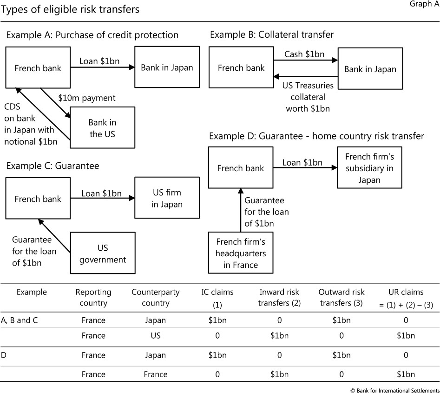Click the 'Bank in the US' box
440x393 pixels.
coord(103,128)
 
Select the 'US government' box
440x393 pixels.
coord(103,253)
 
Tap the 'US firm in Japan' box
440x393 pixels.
coord(167,198)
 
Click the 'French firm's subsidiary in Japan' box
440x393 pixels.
coord(369,167)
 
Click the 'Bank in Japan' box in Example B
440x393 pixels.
coord(370,69)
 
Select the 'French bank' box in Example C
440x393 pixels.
coord(38,199)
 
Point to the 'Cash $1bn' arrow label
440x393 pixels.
coord(304,54)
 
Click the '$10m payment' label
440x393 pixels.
coord(87,98)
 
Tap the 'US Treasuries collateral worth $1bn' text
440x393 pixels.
coord(307,97)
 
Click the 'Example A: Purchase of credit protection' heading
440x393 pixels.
coord(92,35)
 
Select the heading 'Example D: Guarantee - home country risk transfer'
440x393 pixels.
coord(316,136)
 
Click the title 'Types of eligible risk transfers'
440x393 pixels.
coord(71,9)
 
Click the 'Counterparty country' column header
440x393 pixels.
coord(155,298)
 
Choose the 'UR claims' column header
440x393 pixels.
coord(406,298)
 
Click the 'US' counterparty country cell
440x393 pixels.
coord(155,336)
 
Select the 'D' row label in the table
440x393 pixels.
coord(5,355)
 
